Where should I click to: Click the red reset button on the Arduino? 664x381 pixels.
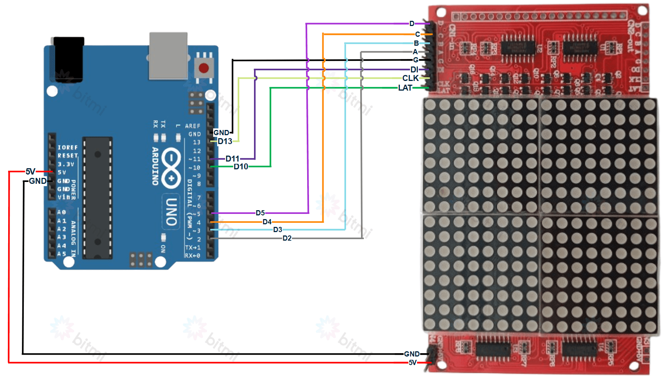coord(204,68)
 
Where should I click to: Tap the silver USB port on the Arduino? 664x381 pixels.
coord(168,56)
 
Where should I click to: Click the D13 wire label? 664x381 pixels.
coord(225,141)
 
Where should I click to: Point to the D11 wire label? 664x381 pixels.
coord(232,159)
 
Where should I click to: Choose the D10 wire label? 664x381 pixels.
coord(241,167)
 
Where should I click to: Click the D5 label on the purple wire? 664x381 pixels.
coord(260,213)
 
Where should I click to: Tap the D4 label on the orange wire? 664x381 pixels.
coord(267,222)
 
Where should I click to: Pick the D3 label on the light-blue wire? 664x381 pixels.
coord(277,230)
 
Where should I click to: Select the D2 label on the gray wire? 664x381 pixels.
coord(287,238)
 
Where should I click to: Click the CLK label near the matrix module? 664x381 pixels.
coord(410,78)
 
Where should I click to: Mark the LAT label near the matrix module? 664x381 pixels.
coord(405,88)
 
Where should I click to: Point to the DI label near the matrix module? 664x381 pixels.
coord(414,70)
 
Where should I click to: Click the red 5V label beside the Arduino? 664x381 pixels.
coord(30,172)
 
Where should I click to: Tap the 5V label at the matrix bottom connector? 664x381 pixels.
coord(413,363)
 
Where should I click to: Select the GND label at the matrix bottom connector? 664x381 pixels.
coord(412,354)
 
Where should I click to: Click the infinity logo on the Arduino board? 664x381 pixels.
coord(171,167)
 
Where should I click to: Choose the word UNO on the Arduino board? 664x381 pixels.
coord(171,212)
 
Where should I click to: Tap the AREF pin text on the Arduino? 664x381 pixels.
coord(193,126)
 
